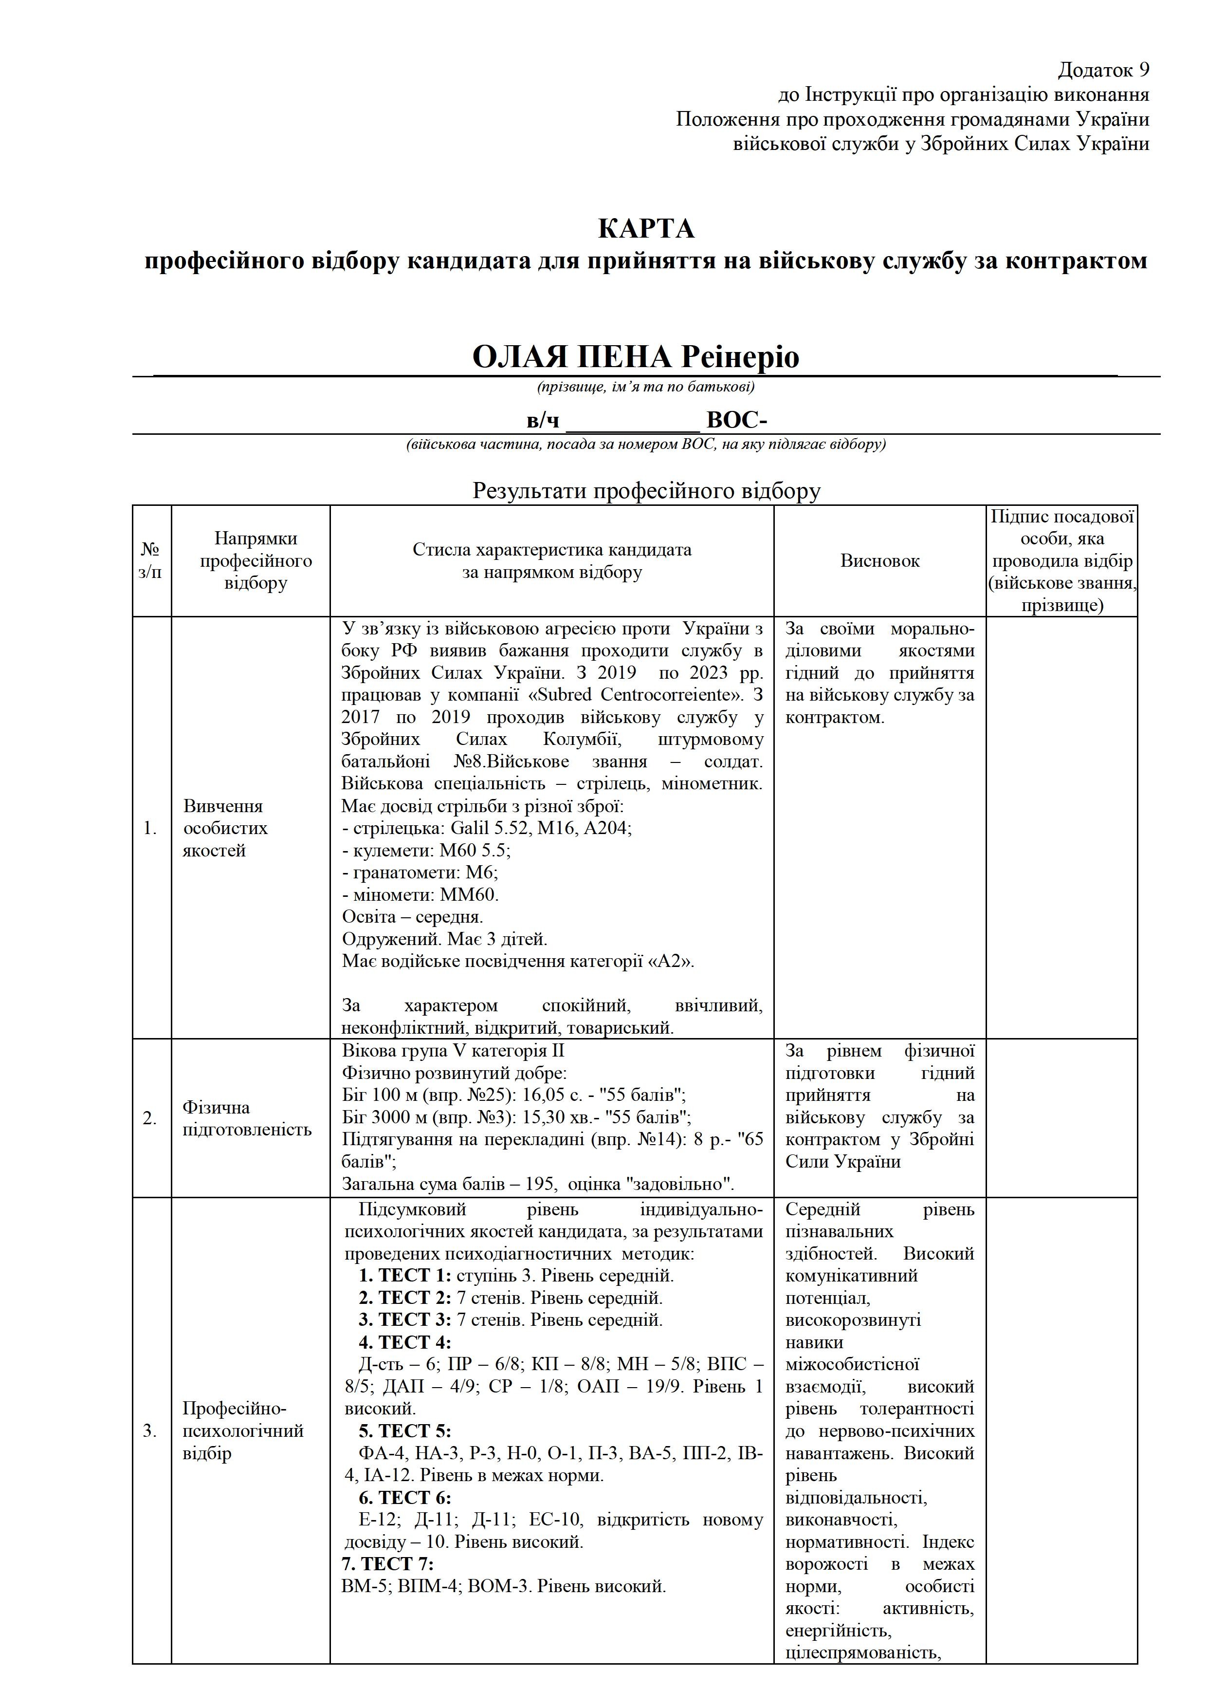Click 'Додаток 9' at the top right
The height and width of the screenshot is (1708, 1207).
point(1104,70)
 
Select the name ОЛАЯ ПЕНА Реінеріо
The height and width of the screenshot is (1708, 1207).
point(636,357)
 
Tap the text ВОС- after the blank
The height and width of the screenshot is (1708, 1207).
point(737,421)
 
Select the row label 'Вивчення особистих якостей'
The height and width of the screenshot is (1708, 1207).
point(225,828)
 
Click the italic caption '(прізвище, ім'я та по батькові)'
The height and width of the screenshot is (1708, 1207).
point(645,387)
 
